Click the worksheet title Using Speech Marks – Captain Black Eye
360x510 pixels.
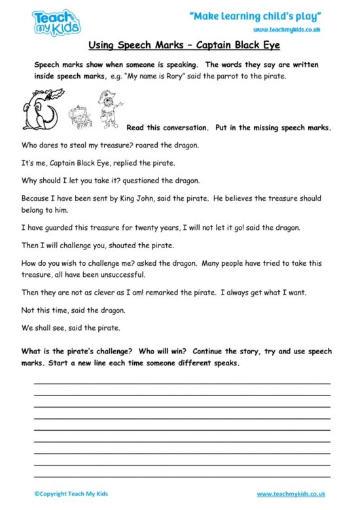pyautogui.click(x=179, y=47)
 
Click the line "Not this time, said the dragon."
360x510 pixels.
pyautogui.click(x=73, y=310)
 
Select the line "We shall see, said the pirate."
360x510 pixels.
pyautogui.click(x=71, y=328)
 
